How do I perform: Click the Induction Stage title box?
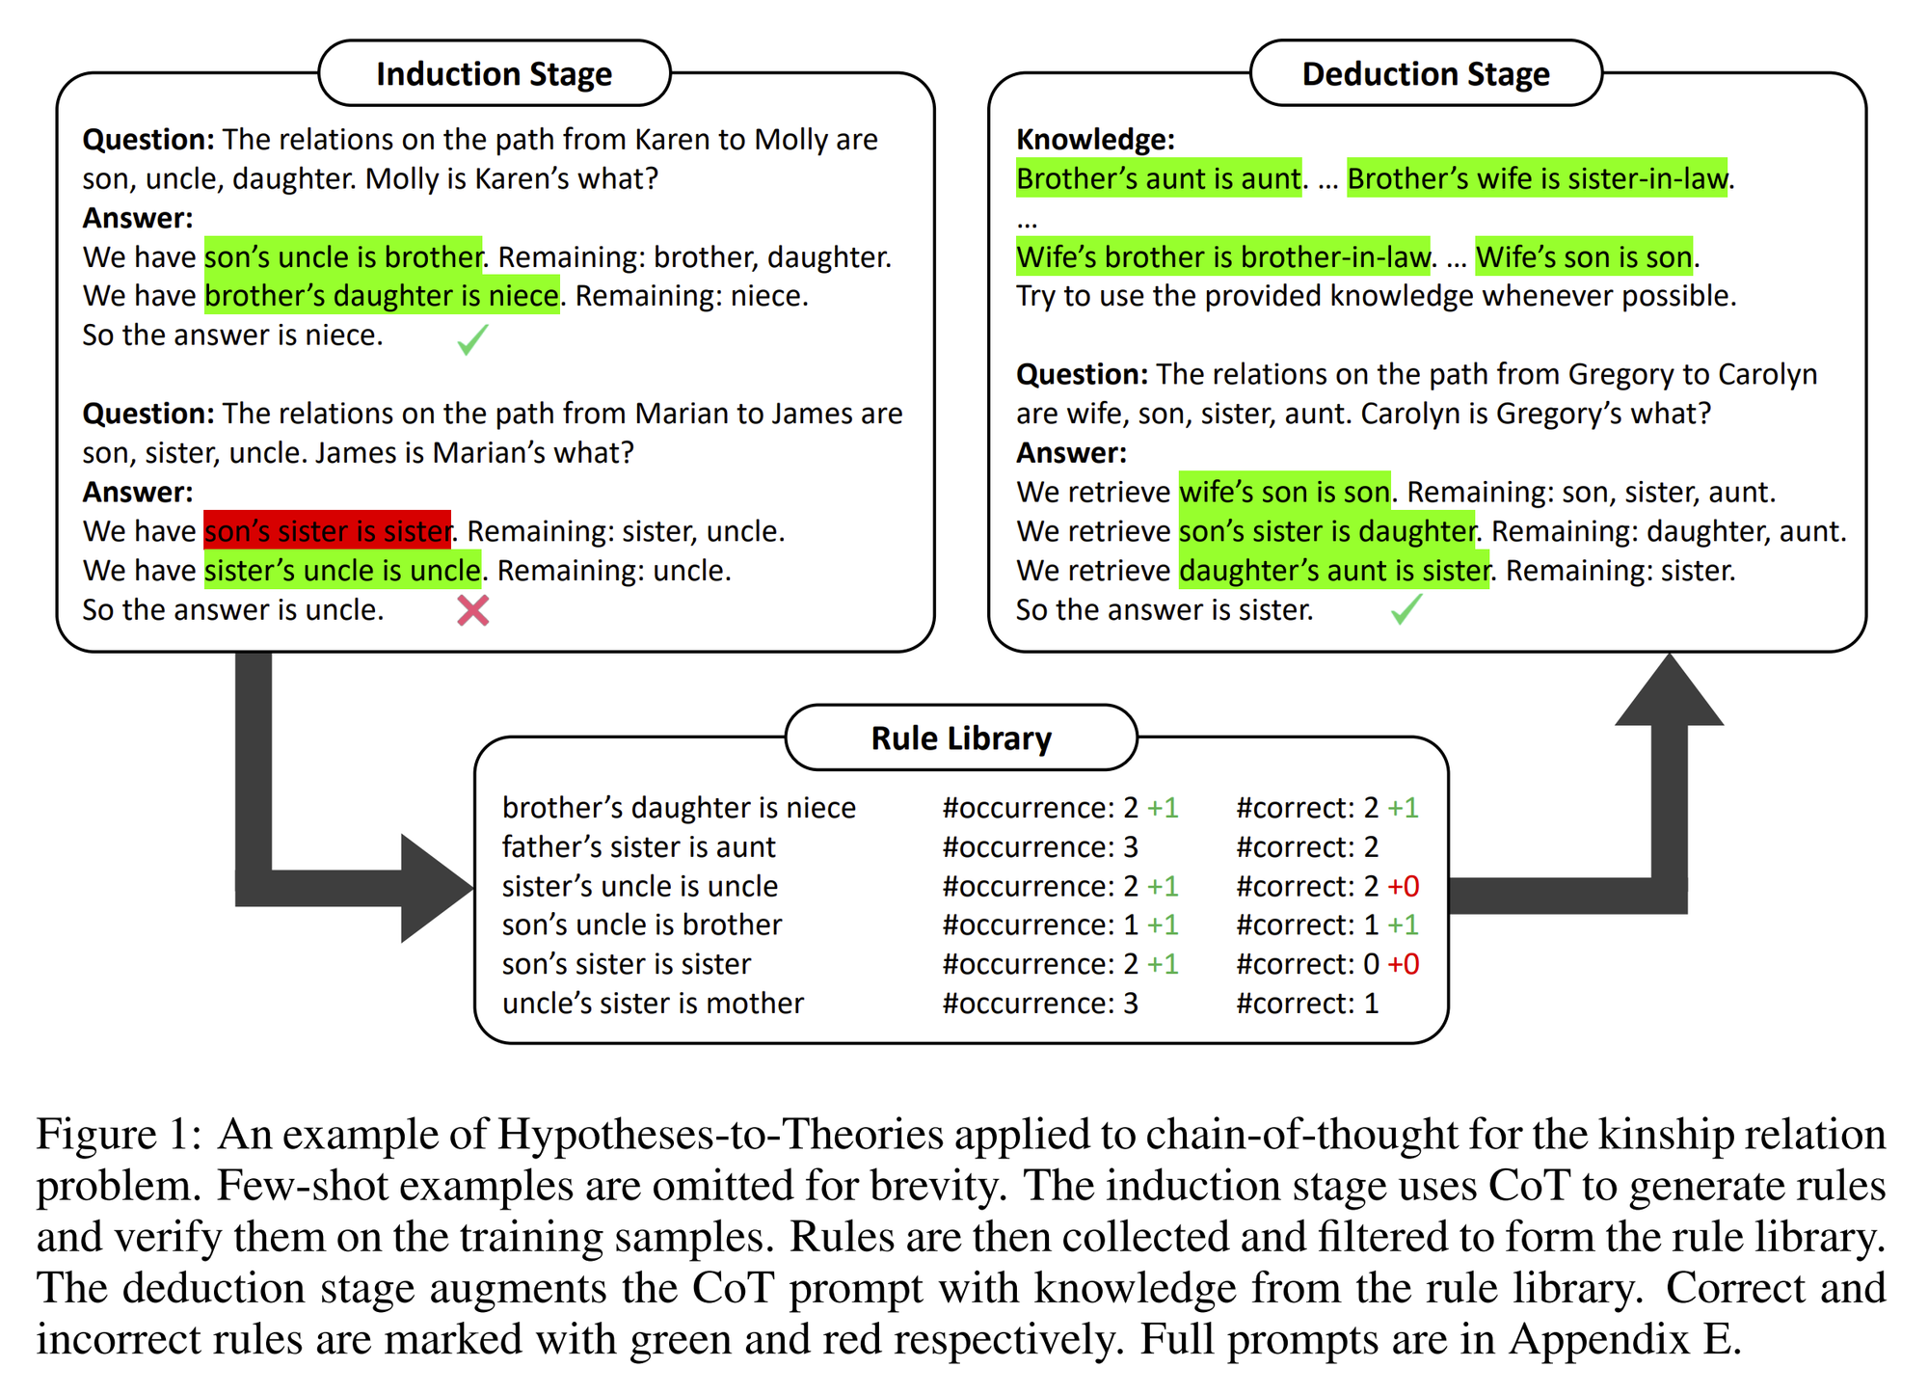(x=494, y=73)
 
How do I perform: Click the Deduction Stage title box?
(x=1426, y=73)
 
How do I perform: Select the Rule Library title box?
(x=961, y=737)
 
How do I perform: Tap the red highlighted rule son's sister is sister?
(x=328, y=531)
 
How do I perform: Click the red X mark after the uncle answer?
(x=472, y=610)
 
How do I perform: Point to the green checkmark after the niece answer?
(x=472, y=339)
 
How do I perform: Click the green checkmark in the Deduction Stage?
(x=1406, y=609)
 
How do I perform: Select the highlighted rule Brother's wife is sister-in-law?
(x=1538, y=178)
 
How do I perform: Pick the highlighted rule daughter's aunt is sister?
(x=1334, y=571)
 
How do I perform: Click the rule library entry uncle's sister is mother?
(x=653, y=1004)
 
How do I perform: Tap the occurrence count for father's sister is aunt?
(x=1040, y=847)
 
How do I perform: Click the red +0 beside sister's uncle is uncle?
(x=1404, y=886)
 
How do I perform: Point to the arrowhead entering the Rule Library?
(x=436, y=888)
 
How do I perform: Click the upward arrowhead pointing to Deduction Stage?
(x=1670, y=689)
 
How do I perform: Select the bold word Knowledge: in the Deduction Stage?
(x=1095, y=140)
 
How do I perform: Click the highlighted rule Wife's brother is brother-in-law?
(x=1223, y=257)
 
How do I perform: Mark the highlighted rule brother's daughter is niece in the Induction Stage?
(x=382, y=296)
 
